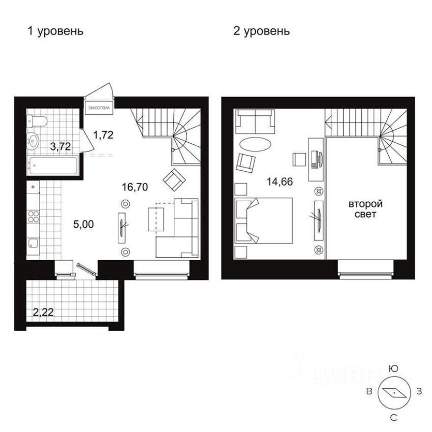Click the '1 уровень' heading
tap(55, 32)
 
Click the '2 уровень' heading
tap(261, 32)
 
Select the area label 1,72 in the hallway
tap(104, 135)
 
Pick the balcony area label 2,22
tap(43, 311)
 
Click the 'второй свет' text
tap(365, 209)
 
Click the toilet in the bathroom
tap(38, 120)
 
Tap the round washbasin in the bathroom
tap(34, 140)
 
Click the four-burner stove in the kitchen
tap(34, 216)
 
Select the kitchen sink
tap(33, 243)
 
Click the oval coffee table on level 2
tap(254, 145)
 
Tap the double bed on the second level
tap(264, 220)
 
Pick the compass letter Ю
tap(393, 368)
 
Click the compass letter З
tap(419, 391)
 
